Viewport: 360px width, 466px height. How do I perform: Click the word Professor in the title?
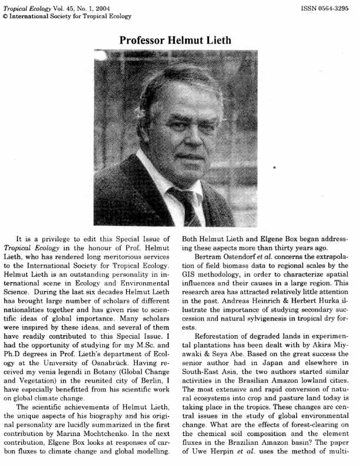pos(146,40)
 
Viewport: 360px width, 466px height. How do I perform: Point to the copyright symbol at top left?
pos(5,17)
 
